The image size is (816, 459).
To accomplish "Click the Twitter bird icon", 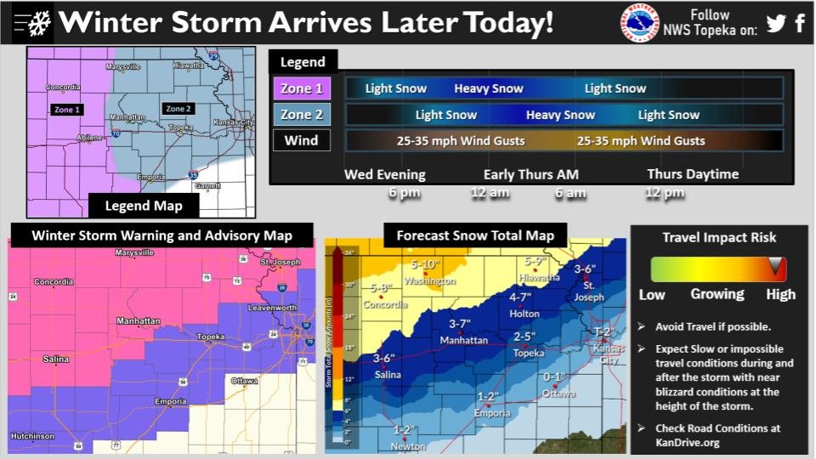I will pos(775,23).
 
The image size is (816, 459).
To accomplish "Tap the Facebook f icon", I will pos(800,23).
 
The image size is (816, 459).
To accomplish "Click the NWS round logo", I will pos(639,22).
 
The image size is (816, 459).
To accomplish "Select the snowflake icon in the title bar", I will pos(38,23).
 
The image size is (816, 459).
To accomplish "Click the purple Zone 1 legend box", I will pos(302,88).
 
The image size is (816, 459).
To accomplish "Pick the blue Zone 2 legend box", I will pos(302,115).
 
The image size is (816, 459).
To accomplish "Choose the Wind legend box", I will pos(302,140).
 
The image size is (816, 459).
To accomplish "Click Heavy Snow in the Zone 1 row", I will pos(489,88).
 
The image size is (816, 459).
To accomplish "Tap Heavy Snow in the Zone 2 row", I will pos(560,115).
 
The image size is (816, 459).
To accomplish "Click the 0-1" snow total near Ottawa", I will pos(554,377).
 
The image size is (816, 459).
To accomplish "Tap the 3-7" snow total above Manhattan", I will pos(460,324).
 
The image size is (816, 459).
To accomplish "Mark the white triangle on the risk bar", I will pos(774,268).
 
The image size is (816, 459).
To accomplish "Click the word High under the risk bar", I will pos(780,294).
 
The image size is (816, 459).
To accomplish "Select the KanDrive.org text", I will pos(688,443).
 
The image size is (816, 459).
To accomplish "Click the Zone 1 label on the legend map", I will pos(66,110).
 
